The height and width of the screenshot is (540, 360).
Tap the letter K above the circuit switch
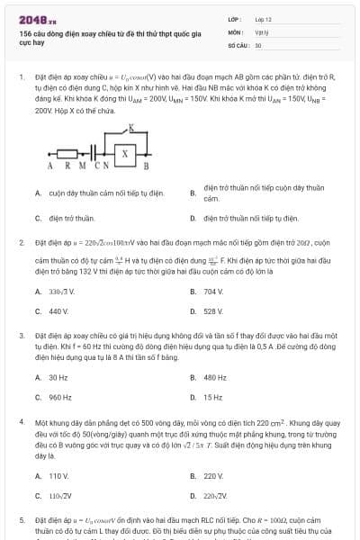(131, 129)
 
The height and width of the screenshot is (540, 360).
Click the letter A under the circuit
(49, 166)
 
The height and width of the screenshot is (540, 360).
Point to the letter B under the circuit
(147, 166)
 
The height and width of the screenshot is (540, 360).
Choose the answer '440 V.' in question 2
(58, 311)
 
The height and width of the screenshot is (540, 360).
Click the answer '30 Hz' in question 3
(58, 377)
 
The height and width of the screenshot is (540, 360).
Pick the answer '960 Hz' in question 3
(60, 397)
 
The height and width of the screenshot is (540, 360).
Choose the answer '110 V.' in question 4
(58, 474)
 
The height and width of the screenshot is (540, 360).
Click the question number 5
(22, 520)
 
